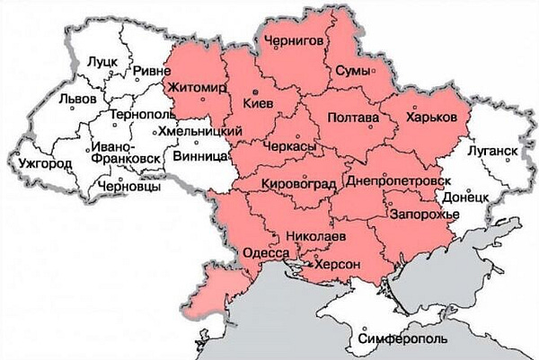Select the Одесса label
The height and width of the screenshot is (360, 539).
[267, 254]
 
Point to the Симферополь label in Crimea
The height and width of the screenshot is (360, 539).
[397, 340]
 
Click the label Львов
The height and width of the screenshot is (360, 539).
[76, 100]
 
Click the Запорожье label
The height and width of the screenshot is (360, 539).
[424, 215]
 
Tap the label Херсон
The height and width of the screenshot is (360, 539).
[333, 265]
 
